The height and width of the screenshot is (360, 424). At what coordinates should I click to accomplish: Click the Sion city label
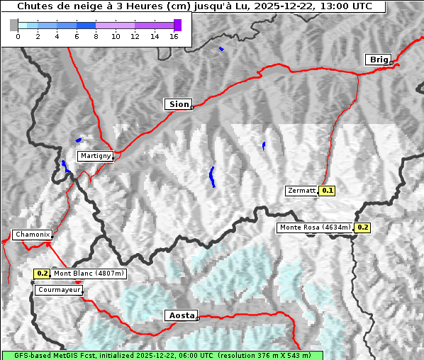(x=179, y=104)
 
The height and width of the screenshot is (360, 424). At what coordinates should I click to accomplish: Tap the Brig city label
(x=378, y=60)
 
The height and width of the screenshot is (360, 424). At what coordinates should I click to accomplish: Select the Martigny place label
(x=94, y=156)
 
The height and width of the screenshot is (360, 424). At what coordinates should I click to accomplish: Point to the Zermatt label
(x=301, y=191)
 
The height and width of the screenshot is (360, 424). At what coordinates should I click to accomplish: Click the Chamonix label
(x=32, y=235)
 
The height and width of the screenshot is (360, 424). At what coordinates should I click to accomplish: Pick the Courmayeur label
(x=58, y=290)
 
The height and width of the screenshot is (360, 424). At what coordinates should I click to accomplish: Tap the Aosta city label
(x=180, y=315)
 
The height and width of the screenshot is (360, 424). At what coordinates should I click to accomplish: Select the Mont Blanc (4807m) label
(x=89, y=274)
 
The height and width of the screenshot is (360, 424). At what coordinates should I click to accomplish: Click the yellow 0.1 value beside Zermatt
(x=327, y=191)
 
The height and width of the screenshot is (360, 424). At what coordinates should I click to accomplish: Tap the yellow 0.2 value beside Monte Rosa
(x=362, y=227)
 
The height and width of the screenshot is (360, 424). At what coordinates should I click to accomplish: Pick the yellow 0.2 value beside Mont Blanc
(x=42, y=274)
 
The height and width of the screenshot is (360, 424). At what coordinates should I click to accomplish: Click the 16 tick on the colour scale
(x=174, y=37)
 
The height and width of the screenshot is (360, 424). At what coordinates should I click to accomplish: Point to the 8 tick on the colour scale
(x=96, y=37)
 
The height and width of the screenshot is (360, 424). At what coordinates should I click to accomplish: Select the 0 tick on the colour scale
(x=18, y=37)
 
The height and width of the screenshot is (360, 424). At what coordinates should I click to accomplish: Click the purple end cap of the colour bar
(x=177, y=25)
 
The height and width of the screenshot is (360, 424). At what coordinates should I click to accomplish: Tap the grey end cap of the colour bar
(x=14, y=25)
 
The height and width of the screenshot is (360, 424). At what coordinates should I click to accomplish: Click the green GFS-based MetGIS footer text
(x=162, y=355)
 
